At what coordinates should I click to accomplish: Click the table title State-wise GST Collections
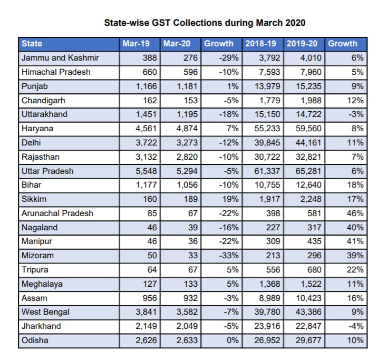click(205, 23)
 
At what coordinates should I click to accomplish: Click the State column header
click(32, 44)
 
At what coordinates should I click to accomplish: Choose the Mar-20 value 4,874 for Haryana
click(187, 129)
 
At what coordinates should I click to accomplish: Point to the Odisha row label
click(35, 340)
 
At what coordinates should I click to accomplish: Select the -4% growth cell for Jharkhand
click(356, 326)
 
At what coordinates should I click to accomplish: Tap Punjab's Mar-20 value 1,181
click(187, 86)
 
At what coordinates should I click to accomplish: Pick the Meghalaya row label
click(42, 284)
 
